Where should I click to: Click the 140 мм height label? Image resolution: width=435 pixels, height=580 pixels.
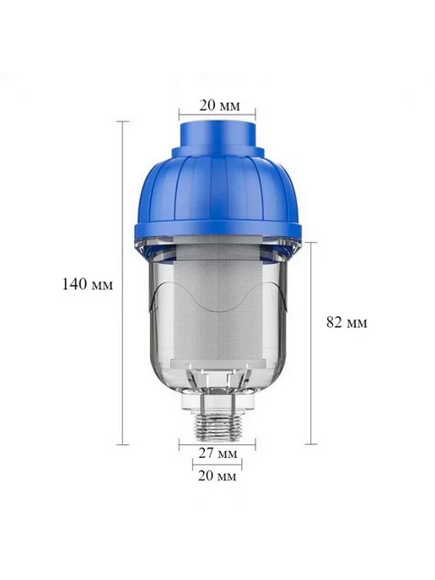click(88, 284)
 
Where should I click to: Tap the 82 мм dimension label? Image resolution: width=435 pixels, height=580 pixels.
click(347, 322)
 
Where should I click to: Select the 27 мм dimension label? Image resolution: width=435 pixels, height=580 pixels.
click(217, 453)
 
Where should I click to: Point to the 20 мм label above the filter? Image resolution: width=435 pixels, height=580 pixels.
click(220, 105)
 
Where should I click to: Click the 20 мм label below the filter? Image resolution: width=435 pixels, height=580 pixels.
click(217, 475)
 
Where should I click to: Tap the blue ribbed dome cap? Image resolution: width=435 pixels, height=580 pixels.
click(218, 189)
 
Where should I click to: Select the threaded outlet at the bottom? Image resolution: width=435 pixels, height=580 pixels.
click(217, 426)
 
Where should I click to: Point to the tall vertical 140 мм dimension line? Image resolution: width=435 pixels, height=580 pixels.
click(123, 282)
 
